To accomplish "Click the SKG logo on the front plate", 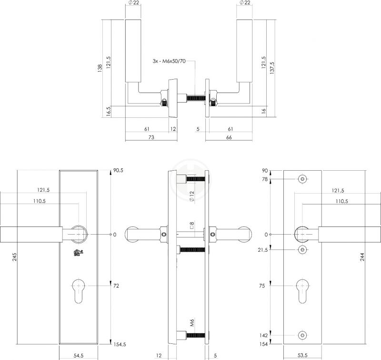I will (78, 253).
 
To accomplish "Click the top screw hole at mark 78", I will (302, 179).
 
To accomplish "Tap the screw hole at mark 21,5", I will (302, 250).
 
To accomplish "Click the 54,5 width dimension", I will (79, 355).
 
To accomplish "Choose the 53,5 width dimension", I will (302, 355).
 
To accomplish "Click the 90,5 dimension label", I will (119, 171).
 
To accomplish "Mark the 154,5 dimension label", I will (119, 343).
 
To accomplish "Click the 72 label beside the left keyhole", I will (116, 286).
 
